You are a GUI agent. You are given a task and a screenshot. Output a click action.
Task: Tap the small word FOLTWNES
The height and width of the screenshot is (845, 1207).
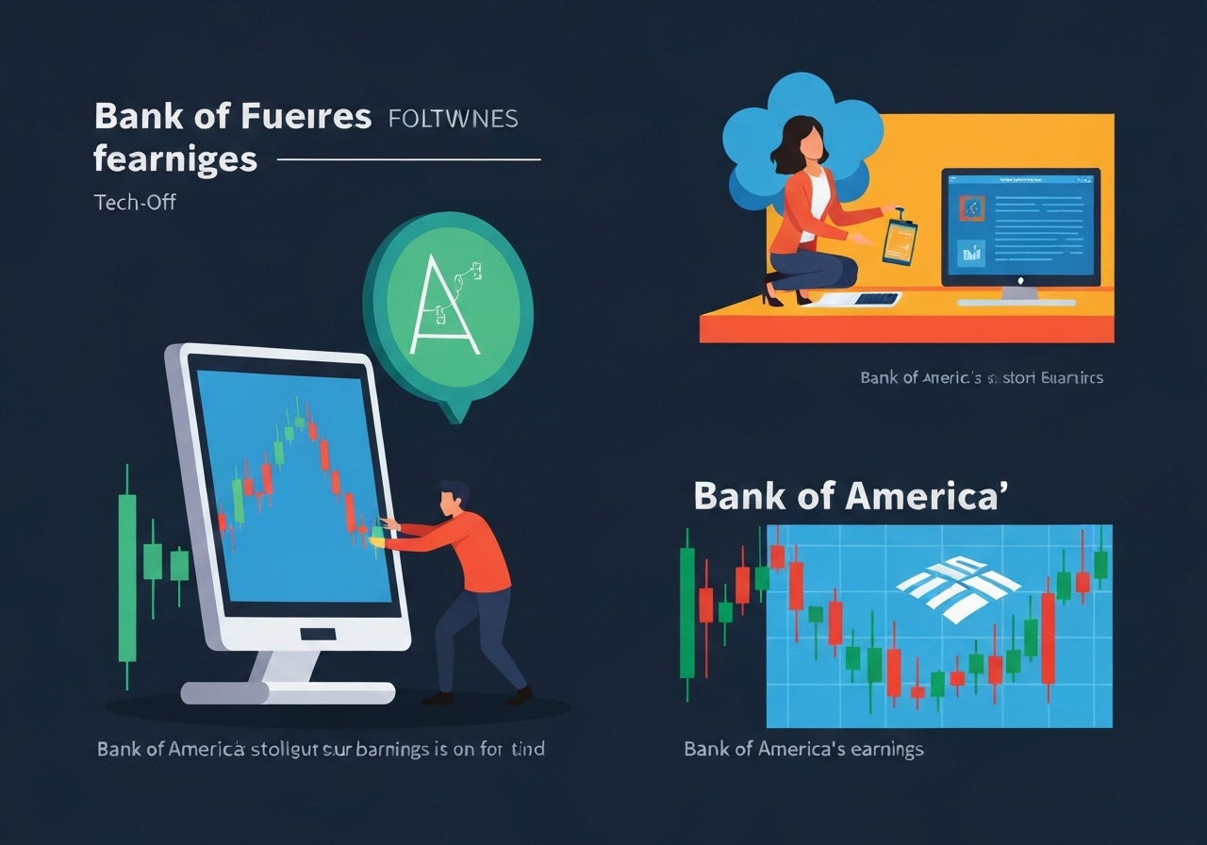(x=453, y=119)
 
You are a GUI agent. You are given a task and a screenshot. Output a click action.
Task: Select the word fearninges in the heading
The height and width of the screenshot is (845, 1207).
(x=175, y=158)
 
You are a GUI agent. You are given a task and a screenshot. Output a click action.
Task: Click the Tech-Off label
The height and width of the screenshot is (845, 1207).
(x=135, y=202)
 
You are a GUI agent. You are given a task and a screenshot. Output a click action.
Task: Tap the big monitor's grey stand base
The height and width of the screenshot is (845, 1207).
(x=288, y=693)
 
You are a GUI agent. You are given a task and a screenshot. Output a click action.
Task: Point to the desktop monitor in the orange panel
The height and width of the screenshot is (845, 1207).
(x=1020, y=226)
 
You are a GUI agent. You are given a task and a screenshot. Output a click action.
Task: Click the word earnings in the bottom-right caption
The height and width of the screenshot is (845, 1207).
(x=877, y=750)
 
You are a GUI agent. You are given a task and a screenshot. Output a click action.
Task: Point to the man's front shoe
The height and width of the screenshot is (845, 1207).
(x=439, y=699)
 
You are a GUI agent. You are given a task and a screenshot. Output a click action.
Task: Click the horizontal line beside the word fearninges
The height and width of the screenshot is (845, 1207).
(x=408, y=159)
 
